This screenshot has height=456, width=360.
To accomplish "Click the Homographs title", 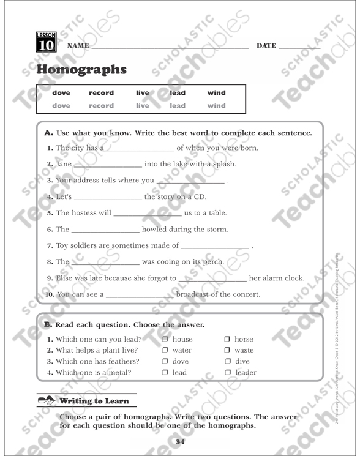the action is [x=81, y=70].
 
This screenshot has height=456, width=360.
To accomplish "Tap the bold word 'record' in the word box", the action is [x=101, y=93].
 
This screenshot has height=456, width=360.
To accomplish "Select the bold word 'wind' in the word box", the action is [x=217, y=93].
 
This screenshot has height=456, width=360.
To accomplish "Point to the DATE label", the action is [x=266, y=46].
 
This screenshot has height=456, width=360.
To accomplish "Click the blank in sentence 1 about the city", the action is [x=140, y=149].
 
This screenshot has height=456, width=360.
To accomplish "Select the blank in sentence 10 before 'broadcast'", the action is [x=140, y=295].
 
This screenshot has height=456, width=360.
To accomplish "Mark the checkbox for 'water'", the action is [x=165, y=351].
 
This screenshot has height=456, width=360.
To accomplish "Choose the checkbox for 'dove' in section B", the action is [x=165, y=362].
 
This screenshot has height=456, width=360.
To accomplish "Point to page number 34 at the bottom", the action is [x=179, y=442].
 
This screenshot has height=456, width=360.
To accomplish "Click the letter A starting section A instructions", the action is [x=48, y=133].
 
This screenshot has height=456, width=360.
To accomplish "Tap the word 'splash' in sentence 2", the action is [x=223, y=165].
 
